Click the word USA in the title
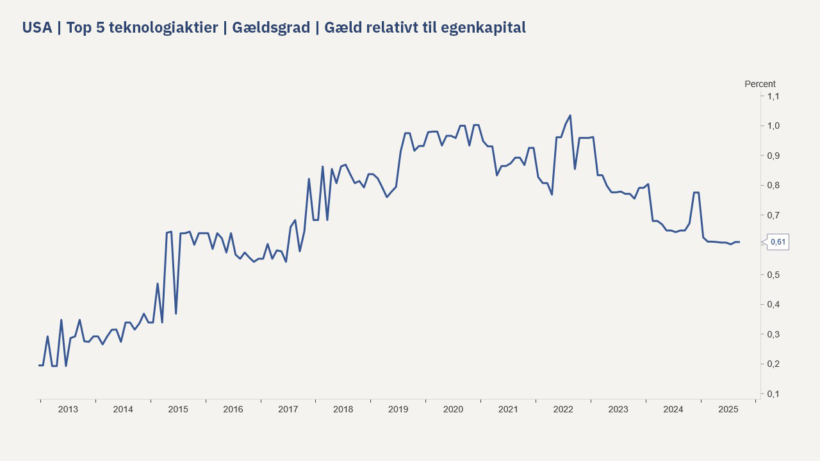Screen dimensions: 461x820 click(37, 28)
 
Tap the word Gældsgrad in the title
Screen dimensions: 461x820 click(271, 28)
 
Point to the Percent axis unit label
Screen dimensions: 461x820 click(760, 84)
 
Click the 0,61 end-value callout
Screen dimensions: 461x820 click(778, 242)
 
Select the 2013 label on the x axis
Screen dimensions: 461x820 click(68, 409)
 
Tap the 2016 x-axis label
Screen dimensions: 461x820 click(233, 409)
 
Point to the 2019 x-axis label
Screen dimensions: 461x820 click(398, 409)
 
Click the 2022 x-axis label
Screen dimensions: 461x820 click(563, 409)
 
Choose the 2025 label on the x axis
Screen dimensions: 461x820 click(728, 409)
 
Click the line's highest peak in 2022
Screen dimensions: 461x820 click(570, 116)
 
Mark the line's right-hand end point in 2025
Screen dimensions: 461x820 click(739, 242)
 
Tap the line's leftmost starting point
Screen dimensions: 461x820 click(39, 365)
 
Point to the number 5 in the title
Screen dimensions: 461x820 click(101, 28)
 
